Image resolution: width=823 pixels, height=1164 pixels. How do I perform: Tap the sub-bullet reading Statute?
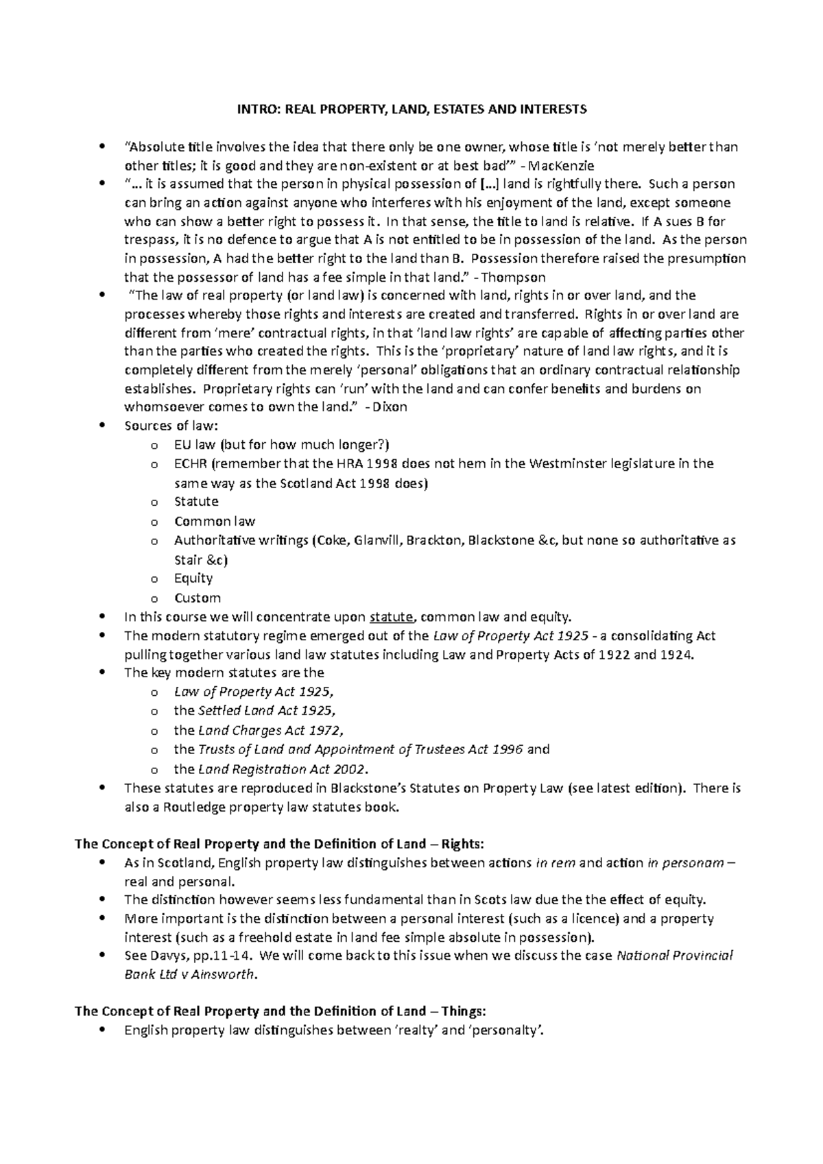[196, 501]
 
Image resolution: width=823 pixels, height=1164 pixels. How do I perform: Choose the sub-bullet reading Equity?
[193, 578]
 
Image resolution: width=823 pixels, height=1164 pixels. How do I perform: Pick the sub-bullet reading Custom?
[198, 597]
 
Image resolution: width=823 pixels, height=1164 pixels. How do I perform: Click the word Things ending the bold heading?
[464, 1011]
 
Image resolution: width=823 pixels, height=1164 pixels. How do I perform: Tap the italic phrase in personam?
[685, 863]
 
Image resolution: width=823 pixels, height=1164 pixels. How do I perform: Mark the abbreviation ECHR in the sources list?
[191, 463]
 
